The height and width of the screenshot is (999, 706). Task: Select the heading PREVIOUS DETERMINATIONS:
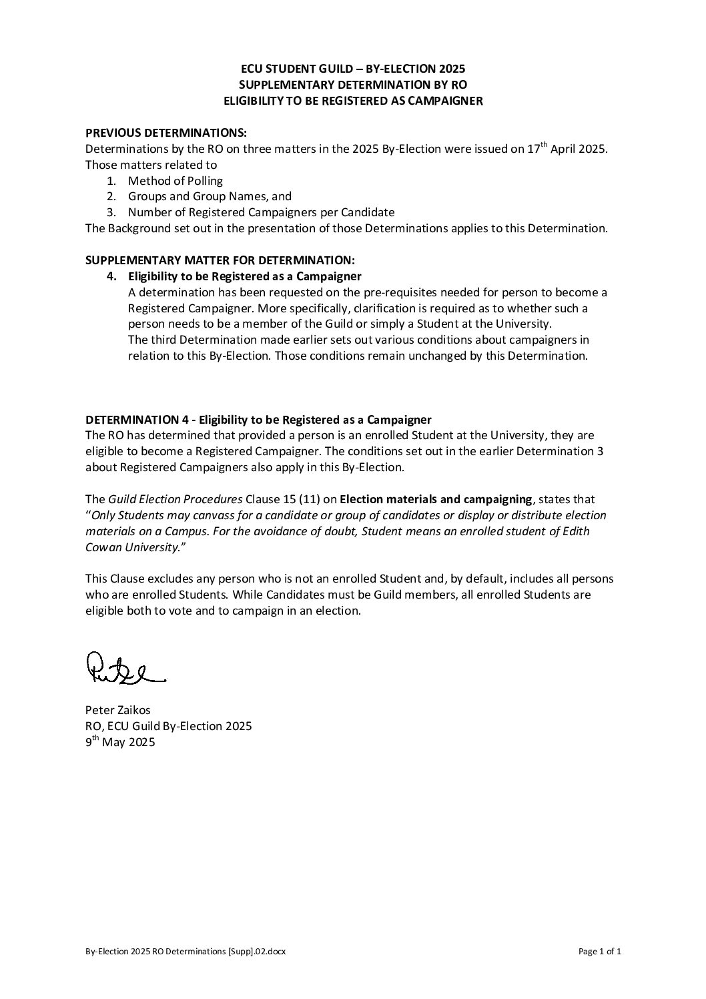pos(166,133)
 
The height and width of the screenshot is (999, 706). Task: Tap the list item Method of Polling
pos(175,181)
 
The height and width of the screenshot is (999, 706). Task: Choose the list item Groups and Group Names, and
pos(210,196)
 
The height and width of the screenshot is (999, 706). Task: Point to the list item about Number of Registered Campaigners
pos(261,212)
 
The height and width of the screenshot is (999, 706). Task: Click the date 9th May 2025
pos(120,742)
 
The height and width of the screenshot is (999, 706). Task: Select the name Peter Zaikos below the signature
pos(118,710)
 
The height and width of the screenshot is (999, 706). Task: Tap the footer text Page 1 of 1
pos(600,952)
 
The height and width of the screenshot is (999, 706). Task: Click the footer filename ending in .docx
pos(186,952)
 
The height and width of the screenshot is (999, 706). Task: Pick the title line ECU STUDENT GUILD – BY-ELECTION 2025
pos(353,69)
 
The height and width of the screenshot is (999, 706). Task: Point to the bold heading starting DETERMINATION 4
pos(258,420)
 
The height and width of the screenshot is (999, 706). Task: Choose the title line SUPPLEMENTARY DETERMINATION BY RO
pos(353,85)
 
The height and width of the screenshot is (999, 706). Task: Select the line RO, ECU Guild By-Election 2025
pos(168,726)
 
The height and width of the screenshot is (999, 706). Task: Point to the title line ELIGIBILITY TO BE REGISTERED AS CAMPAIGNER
pos(353,101)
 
